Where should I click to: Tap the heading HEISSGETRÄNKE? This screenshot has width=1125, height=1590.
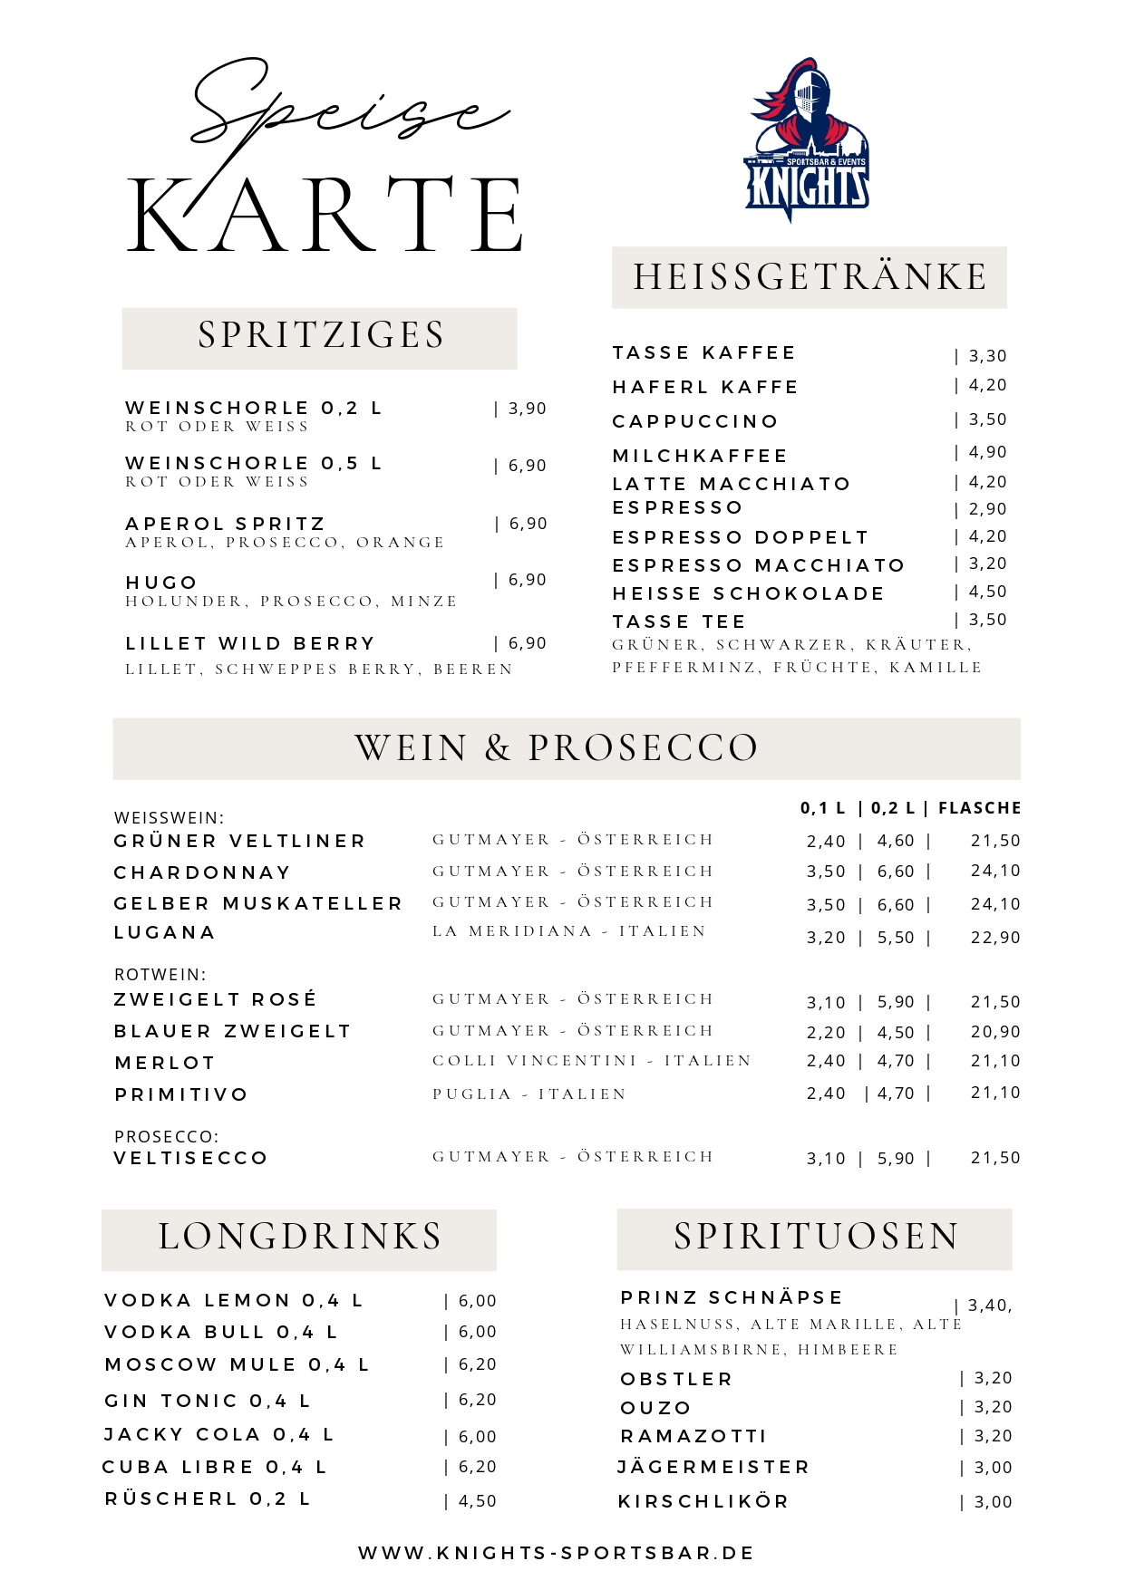coord(810,277)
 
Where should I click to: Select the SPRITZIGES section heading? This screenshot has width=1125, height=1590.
coord(321,335)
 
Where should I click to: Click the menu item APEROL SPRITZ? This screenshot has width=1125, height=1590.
coord(225,525)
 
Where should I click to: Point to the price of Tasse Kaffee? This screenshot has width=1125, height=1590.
coord(986,356)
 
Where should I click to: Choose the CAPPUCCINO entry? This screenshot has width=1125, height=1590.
coord(695,421)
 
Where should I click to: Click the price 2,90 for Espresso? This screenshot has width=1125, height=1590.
coord(986,509)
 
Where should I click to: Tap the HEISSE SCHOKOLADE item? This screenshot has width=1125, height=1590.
coord(748,593)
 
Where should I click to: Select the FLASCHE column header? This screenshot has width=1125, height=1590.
coord(979,808)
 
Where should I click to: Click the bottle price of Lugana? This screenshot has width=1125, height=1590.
coord(994,938)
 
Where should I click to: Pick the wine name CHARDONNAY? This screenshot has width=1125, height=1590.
coord(202,872)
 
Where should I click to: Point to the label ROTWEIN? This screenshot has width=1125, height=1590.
coord(160,975)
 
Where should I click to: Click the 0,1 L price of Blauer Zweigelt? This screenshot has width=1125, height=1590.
coord(826,1033)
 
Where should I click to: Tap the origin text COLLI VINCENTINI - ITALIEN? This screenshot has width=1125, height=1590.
coord(592,1061)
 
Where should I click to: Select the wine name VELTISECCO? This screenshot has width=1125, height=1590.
coord(190,1158)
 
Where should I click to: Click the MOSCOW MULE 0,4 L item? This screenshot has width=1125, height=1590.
coord(237,1365)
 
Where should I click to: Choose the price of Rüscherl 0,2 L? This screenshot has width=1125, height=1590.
coord(477,1501)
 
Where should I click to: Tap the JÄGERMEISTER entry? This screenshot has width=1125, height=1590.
coord(713,1467)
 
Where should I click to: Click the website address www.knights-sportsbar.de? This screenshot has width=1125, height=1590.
coord(556,1553)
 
